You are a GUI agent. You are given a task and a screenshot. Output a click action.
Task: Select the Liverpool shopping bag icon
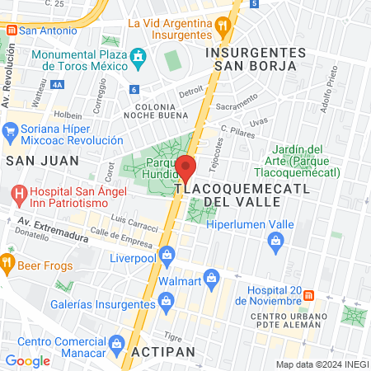(x=167, y=255)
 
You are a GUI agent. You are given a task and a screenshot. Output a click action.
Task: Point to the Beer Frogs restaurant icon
(x=8, y=263)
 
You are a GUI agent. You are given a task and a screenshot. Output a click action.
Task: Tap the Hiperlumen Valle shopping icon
(x=276, y=240)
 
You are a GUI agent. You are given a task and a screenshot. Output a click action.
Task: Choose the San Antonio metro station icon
(x=10, y=31)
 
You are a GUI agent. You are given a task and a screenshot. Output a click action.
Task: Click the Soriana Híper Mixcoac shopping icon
(x=11, y=130)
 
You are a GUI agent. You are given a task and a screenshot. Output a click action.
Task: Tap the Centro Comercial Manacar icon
(x=116, y=342)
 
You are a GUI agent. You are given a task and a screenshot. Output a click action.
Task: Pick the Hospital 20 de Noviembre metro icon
(x=308, y=295)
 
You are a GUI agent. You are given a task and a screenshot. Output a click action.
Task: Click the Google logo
(x=27, y=360)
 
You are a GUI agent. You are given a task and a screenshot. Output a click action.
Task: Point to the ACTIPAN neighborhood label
(x=167, y=351)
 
